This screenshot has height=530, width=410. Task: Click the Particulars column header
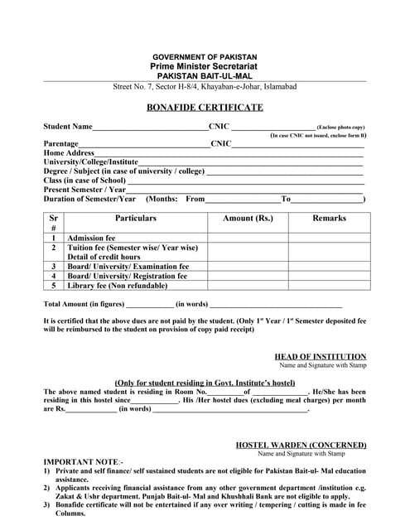click(x=135, y=219)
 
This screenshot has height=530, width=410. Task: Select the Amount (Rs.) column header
click(x=248, y=219)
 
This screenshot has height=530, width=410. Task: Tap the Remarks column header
click(x=329, y=219)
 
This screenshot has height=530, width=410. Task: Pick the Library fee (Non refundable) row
click(x=117, y=286)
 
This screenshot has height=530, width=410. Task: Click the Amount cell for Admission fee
click(x=248, y=238)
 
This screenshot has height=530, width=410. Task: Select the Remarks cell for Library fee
click(x=329, y=286)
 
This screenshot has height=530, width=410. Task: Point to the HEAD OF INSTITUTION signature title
click(x=320, y=356)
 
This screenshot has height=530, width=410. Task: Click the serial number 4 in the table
click(x=54, y=276)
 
